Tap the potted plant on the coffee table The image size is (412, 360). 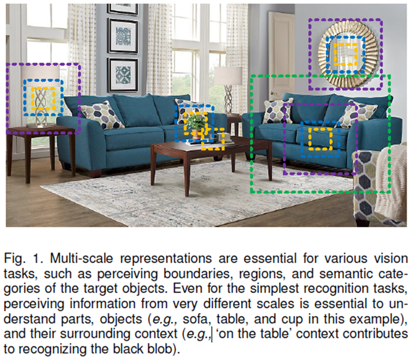point(197,123)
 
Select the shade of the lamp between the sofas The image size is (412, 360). point(228,76)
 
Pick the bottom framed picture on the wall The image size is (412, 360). point(122,75)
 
